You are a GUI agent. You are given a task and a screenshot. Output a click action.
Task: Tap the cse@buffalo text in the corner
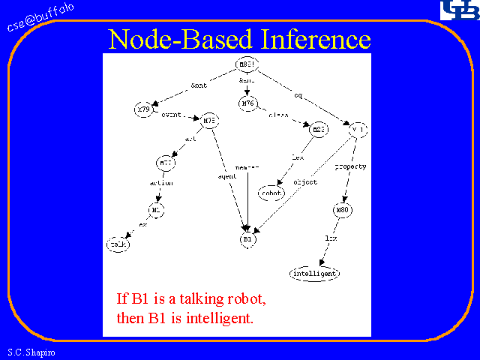coord(40,17)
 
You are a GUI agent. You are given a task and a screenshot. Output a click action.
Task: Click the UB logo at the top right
coord(457,10)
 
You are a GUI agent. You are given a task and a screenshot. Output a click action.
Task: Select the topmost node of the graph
coord(247,64)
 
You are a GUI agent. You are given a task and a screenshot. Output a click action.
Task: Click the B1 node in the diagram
coord(248,238)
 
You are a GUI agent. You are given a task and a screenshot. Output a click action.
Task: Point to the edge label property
coord(350,166)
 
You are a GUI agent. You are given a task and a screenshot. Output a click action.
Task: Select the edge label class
coord(279,115)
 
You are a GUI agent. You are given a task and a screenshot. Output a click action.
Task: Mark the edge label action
coord(162,182)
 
